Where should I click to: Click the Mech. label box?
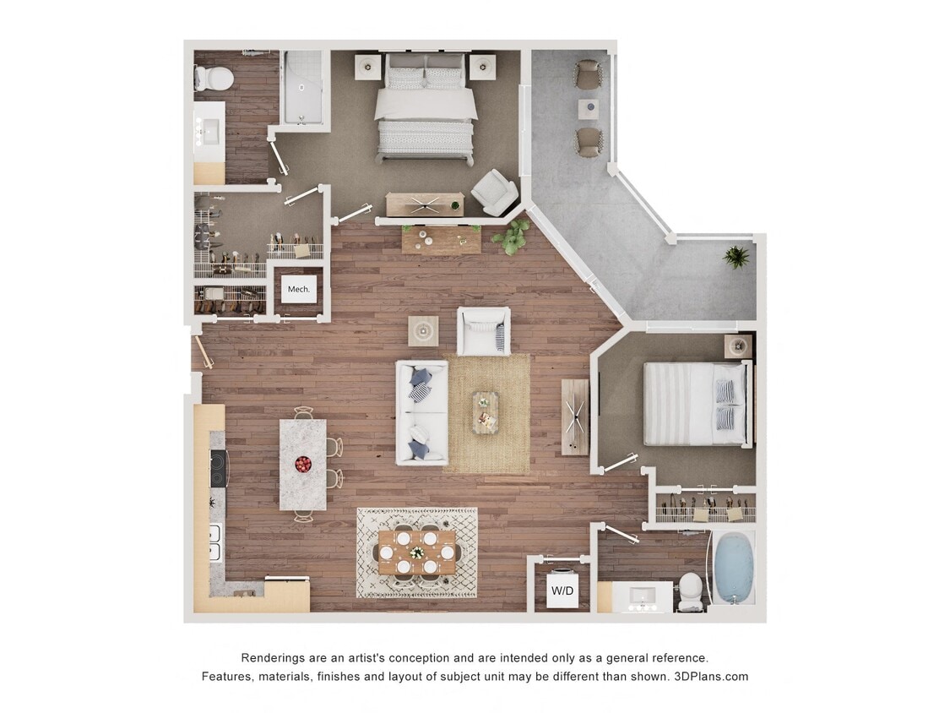[x=299, y=289]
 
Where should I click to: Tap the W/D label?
[x=562, y=591]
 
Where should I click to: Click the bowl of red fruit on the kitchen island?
[x=302, y=463]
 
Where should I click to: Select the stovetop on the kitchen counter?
[x=219, y=468]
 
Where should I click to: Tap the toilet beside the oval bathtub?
[x=691, y=591]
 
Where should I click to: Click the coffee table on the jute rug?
[x=486, y=412]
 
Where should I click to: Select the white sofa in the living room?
[x=422, y=412]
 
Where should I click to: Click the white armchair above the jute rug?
[x=484, y=331]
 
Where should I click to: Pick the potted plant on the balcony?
[x=736, y=257]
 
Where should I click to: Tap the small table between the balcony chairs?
[x=588, y=109]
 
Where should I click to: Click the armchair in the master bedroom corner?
[x=494, y=193]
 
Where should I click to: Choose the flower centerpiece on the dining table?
[x=417, y=553]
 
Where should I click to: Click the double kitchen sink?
[x=214, y=543]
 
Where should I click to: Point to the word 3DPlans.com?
[x=711, y=676]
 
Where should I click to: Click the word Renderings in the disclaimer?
[x=274, y=657]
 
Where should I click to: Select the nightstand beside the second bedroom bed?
[x=738, y=346]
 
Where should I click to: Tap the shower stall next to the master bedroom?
[x=302, y=87]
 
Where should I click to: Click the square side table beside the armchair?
[x=423, y=330]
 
